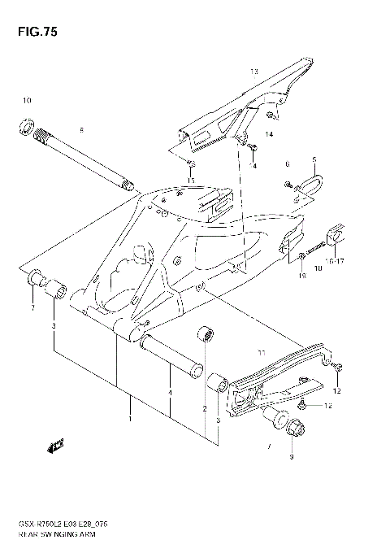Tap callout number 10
(26, 100)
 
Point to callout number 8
(81, 130)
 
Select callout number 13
(253, 72)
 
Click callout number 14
(268, 133)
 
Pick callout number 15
(192, 181)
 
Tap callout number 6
(287, 163)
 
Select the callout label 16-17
(335, 263)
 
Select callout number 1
(128, 419)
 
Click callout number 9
(292, 457)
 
